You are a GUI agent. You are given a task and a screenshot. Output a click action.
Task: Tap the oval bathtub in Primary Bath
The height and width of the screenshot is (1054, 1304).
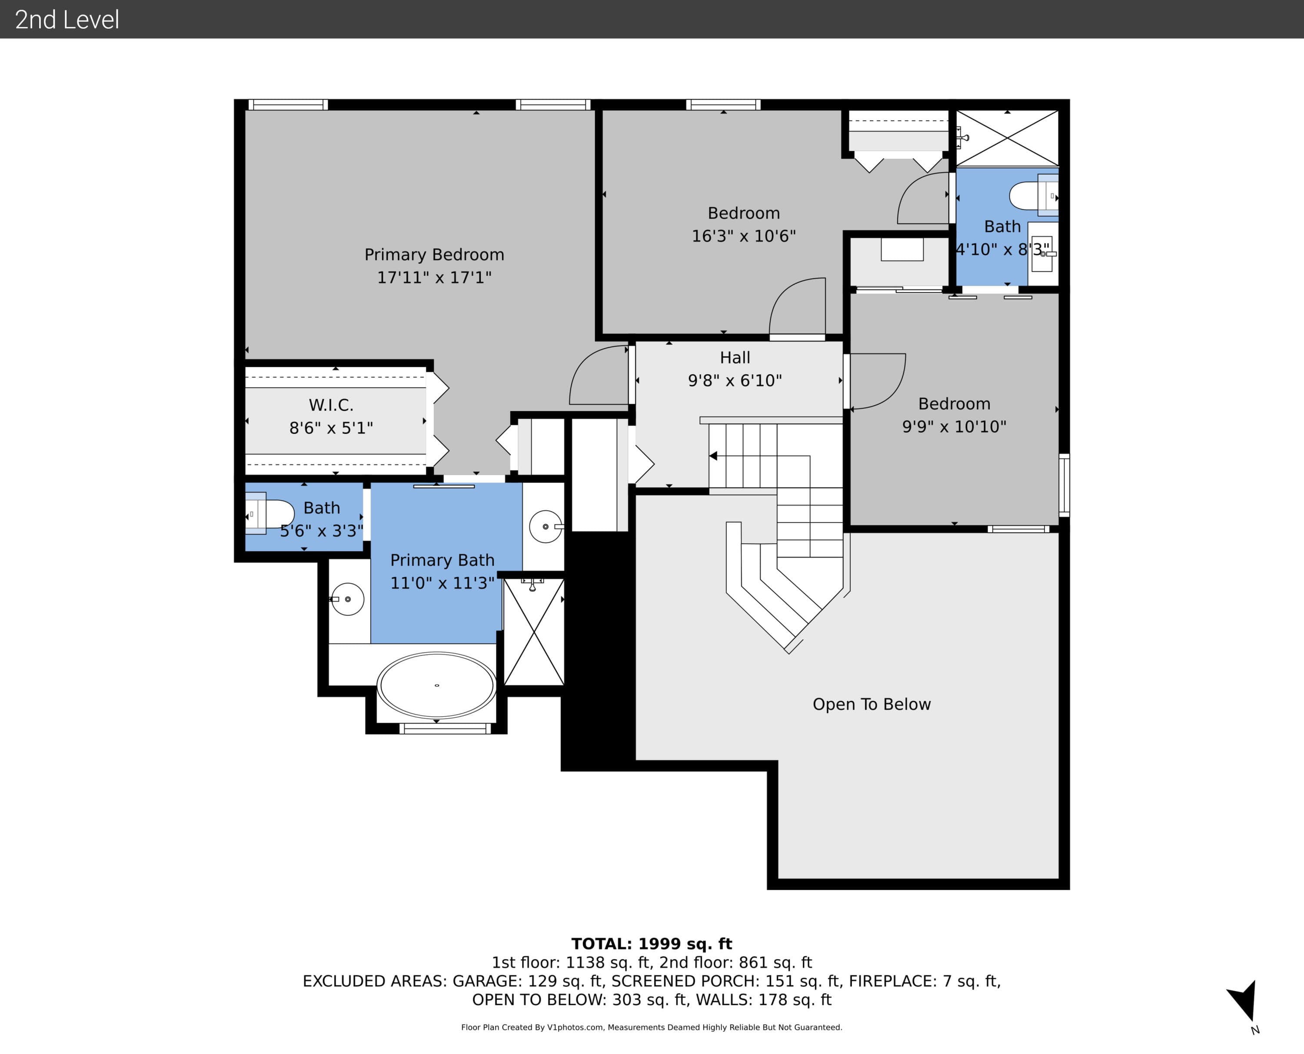click(x=436, y=685)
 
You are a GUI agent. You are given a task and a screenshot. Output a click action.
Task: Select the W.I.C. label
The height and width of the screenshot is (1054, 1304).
click(x=331, y=405)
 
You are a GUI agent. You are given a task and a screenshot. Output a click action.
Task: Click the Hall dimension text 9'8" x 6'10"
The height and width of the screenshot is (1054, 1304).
click(x=735, y=381)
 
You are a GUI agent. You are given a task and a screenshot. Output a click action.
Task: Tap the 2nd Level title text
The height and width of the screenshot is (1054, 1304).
click(x=67, y=20)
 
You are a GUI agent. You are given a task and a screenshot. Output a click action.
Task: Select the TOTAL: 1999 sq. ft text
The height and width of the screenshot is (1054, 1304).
click(x=652, y=944)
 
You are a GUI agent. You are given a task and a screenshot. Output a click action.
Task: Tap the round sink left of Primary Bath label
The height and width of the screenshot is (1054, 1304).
click(x=347, y=599)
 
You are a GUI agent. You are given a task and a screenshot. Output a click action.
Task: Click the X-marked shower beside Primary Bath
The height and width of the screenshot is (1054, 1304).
click(x=534, y=632)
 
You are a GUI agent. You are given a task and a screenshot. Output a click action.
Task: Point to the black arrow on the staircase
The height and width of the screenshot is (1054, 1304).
click(x=713, y=456)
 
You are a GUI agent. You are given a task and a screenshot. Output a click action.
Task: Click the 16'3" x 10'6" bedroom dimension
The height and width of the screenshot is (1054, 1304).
click(x=744, y=236)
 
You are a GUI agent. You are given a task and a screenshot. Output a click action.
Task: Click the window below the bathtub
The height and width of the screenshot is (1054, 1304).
click(x=446, y=728)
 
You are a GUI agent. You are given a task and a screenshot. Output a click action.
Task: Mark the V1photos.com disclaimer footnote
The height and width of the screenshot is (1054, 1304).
click(x=652, y=1027)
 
